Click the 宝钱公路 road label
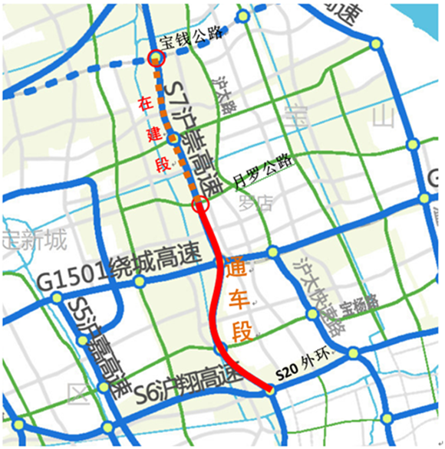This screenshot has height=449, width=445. [x=190, y=34]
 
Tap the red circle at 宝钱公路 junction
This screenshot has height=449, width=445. [x=155, y=57]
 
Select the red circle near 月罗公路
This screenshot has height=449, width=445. [x=200, y=204]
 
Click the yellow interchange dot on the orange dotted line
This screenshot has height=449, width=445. [x=173, y=139]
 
